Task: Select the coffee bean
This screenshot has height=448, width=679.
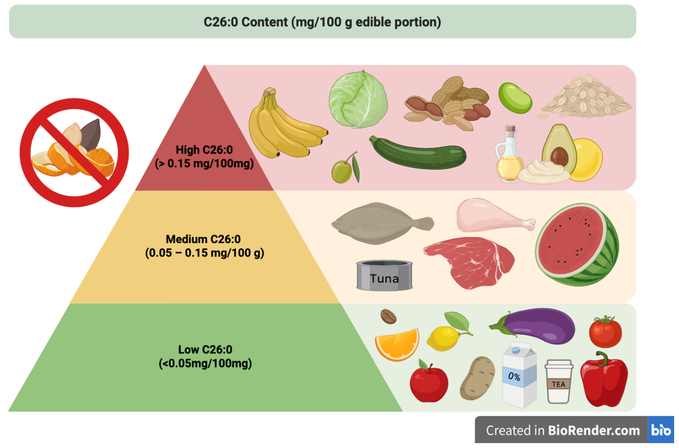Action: (x=388, y=316)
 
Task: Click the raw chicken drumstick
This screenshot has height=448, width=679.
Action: (x=488, y=216)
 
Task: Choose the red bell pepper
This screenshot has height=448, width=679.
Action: (x=604, y=380)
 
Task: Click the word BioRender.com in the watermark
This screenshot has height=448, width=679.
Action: (x=594, y=431)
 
